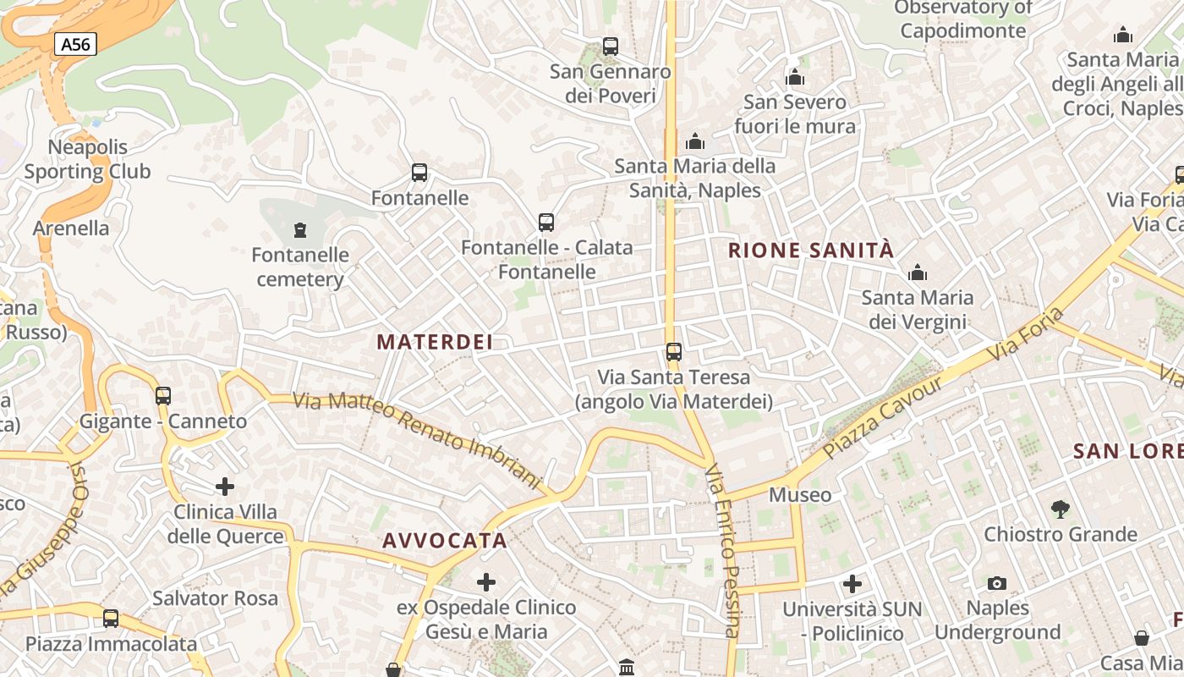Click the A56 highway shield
click(75, 44)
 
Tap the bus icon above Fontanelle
click(419, 173)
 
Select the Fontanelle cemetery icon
click(299, 229)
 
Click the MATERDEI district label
click(435, 342)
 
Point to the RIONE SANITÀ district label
click(810, 250)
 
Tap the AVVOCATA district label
click(445, 541)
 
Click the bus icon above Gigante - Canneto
click(163, 395)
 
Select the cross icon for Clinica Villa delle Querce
click(225, 487)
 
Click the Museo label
click(800, 494)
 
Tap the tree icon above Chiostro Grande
click(1060, 509)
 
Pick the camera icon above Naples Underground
click(997, 583)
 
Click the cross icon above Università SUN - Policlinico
click(852, 584)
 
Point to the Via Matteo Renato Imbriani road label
click(417, 439)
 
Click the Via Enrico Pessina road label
click(724, 550)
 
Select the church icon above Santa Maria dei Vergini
click(918, 273)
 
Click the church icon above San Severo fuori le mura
click(795, 78)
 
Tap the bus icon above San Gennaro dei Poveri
click(611, 47)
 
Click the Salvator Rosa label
click(215, 598)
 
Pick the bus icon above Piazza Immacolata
click(111, 619)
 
